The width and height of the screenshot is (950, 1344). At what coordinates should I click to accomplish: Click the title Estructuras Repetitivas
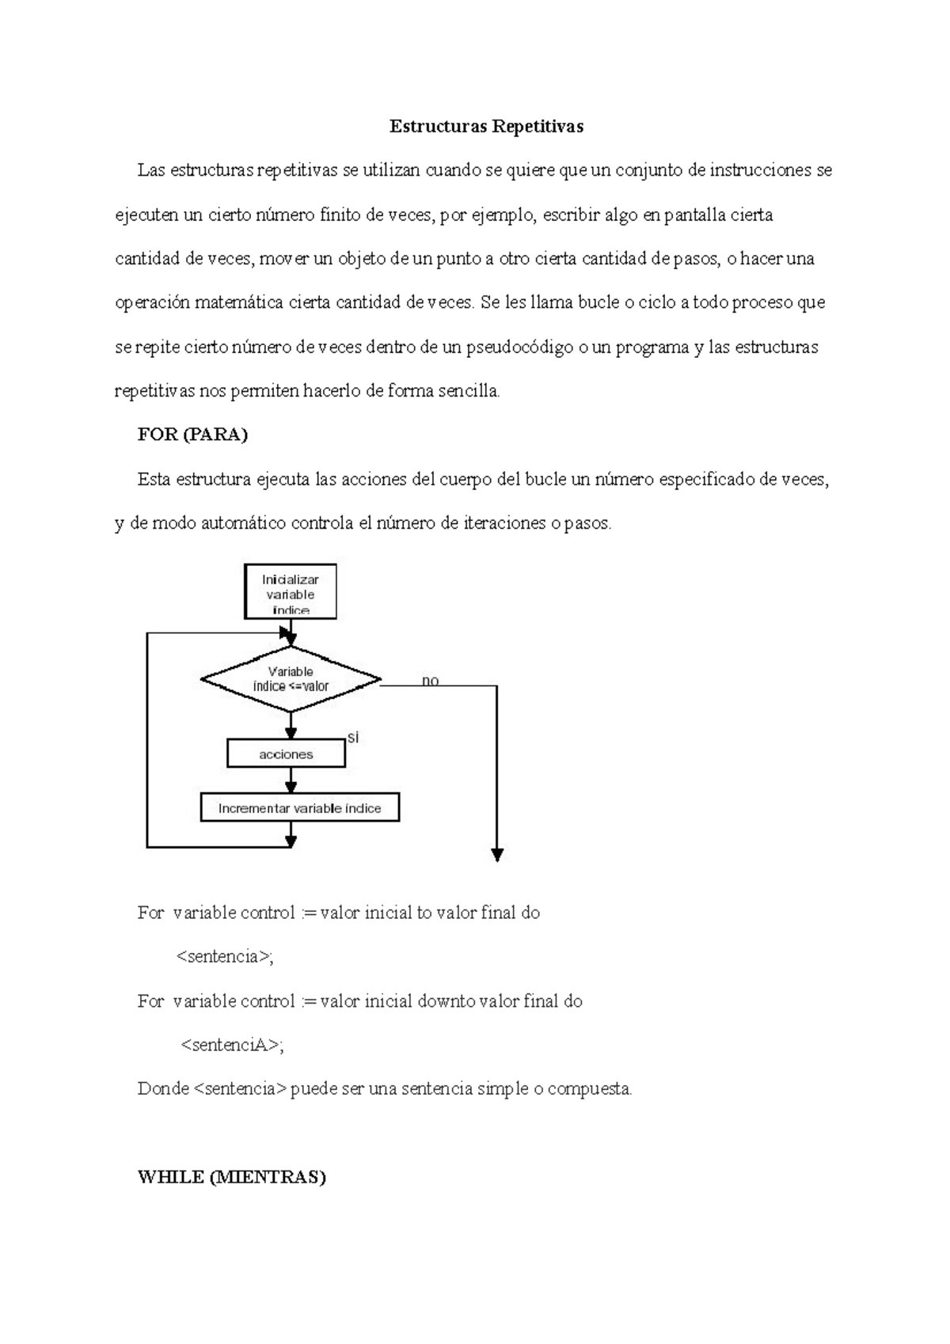(x=486, y=127)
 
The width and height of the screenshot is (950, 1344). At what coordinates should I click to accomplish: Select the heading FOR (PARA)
(x=192, y=435)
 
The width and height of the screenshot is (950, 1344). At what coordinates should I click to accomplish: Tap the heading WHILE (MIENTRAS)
(x=231, y=1177)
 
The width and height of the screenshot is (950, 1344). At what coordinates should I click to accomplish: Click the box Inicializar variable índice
(x=291, y=593)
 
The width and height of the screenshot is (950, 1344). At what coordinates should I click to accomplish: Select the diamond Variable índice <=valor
(x=291, y=679)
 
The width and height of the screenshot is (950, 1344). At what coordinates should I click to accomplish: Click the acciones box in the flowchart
(x=286, y=754)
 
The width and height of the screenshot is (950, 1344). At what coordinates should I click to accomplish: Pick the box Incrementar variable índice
(x=299, y=808)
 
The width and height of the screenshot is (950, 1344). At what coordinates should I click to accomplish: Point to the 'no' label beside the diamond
(x=430, y=681)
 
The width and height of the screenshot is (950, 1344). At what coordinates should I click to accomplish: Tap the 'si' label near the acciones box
(x=353, y=738)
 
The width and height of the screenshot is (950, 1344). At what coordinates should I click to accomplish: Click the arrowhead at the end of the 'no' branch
(x=497, y=854)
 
